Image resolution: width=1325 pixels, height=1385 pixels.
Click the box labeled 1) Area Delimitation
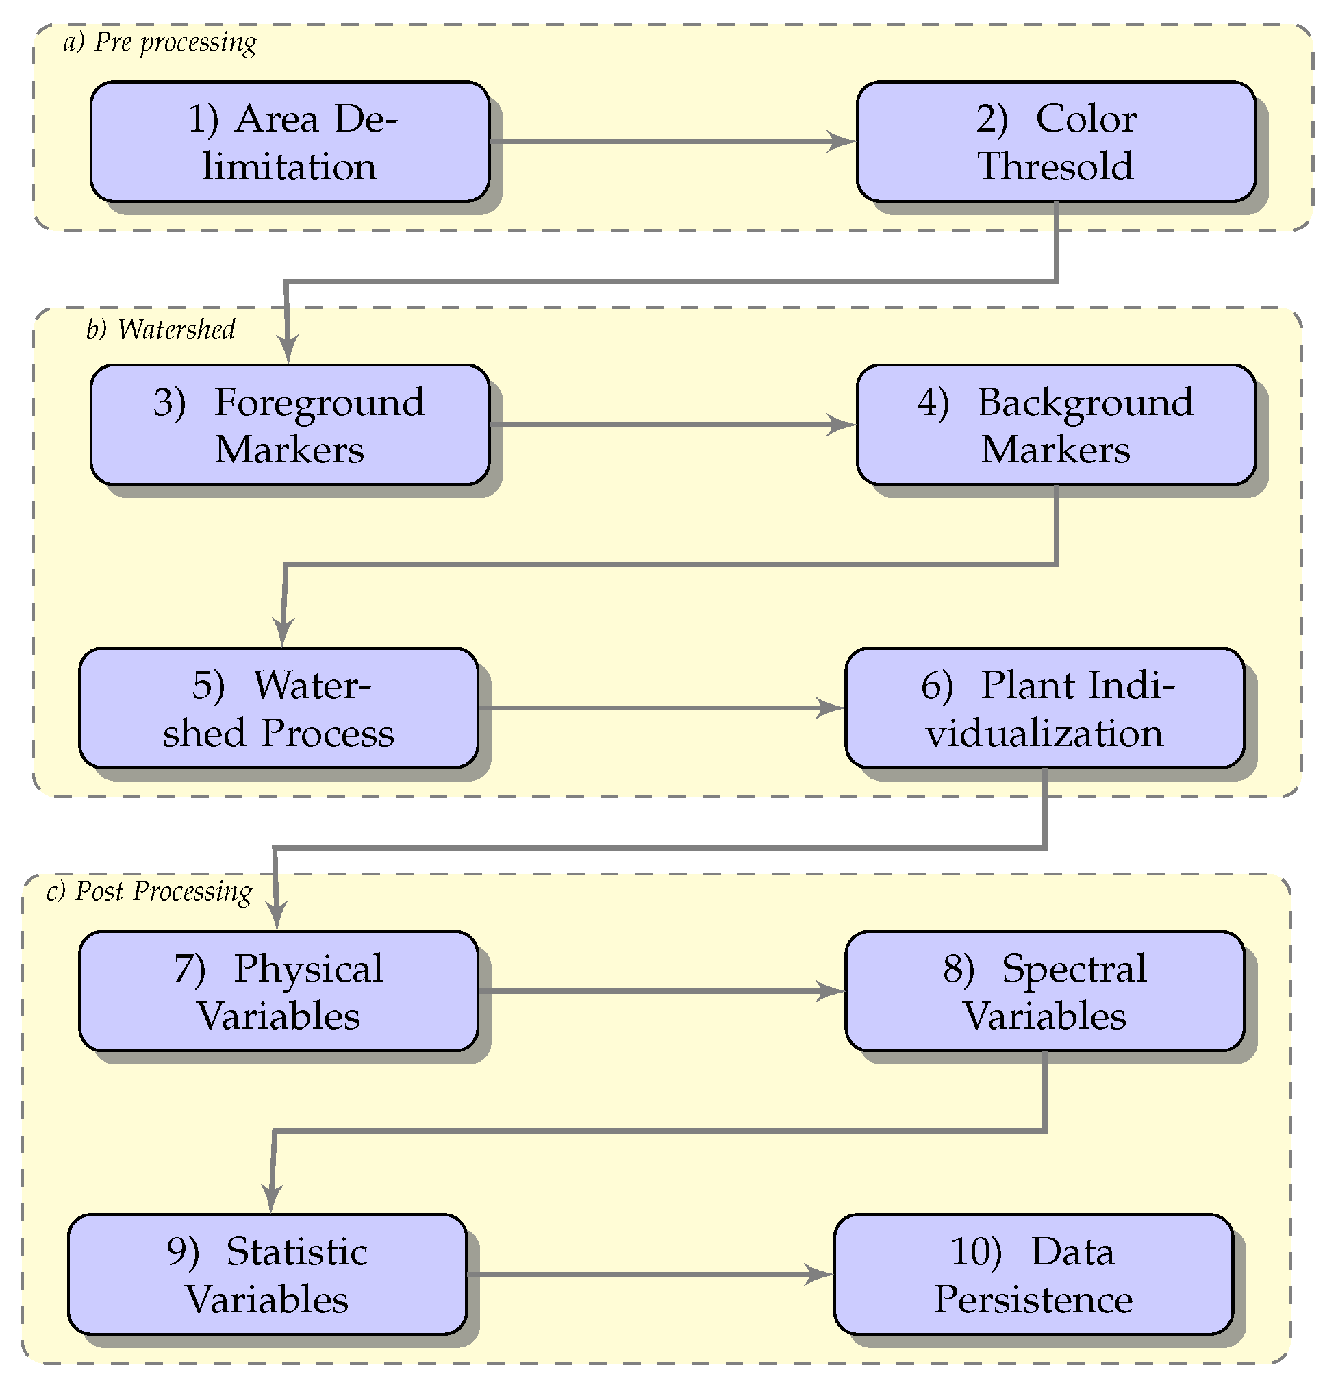pyautogui.click(x=290, y=141)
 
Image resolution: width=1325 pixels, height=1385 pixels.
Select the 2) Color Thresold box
pyautogui.click(x=1055, y=141)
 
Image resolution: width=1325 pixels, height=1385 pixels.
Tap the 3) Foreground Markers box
pyautogui.click(x=290, y=425)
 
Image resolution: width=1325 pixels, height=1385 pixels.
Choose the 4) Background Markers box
pyautogui.click(x=1055, y=425)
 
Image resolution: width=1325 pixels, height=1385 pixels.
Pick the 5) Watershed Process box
pyautogui.click(x=278, y=708)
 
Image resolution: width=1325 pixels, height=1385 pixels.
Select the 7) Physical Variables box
pyautogui.click(x=278, y=990)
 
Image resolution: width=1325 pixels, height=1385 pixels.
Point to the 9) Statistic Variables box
pyautogui.click(x=267, y=1274)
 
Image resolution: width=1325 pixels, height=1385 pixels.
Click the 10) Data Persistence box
pyautogui.click(x=1033, y=1274)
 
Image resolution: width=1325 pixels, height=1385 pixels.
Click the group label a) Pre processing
pyautogui.click(x=160, y=42)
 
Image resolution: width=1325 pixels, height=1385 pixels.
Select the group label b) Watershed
pyautogui.click(x=160, y=329)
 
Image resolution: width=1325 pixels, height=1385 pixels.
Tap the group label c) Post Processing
pyautogui.click(x=149, y=891)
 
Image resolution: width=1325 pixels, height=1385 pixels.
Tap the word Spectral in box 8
pyautogui.click(x=1074, y=968)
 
